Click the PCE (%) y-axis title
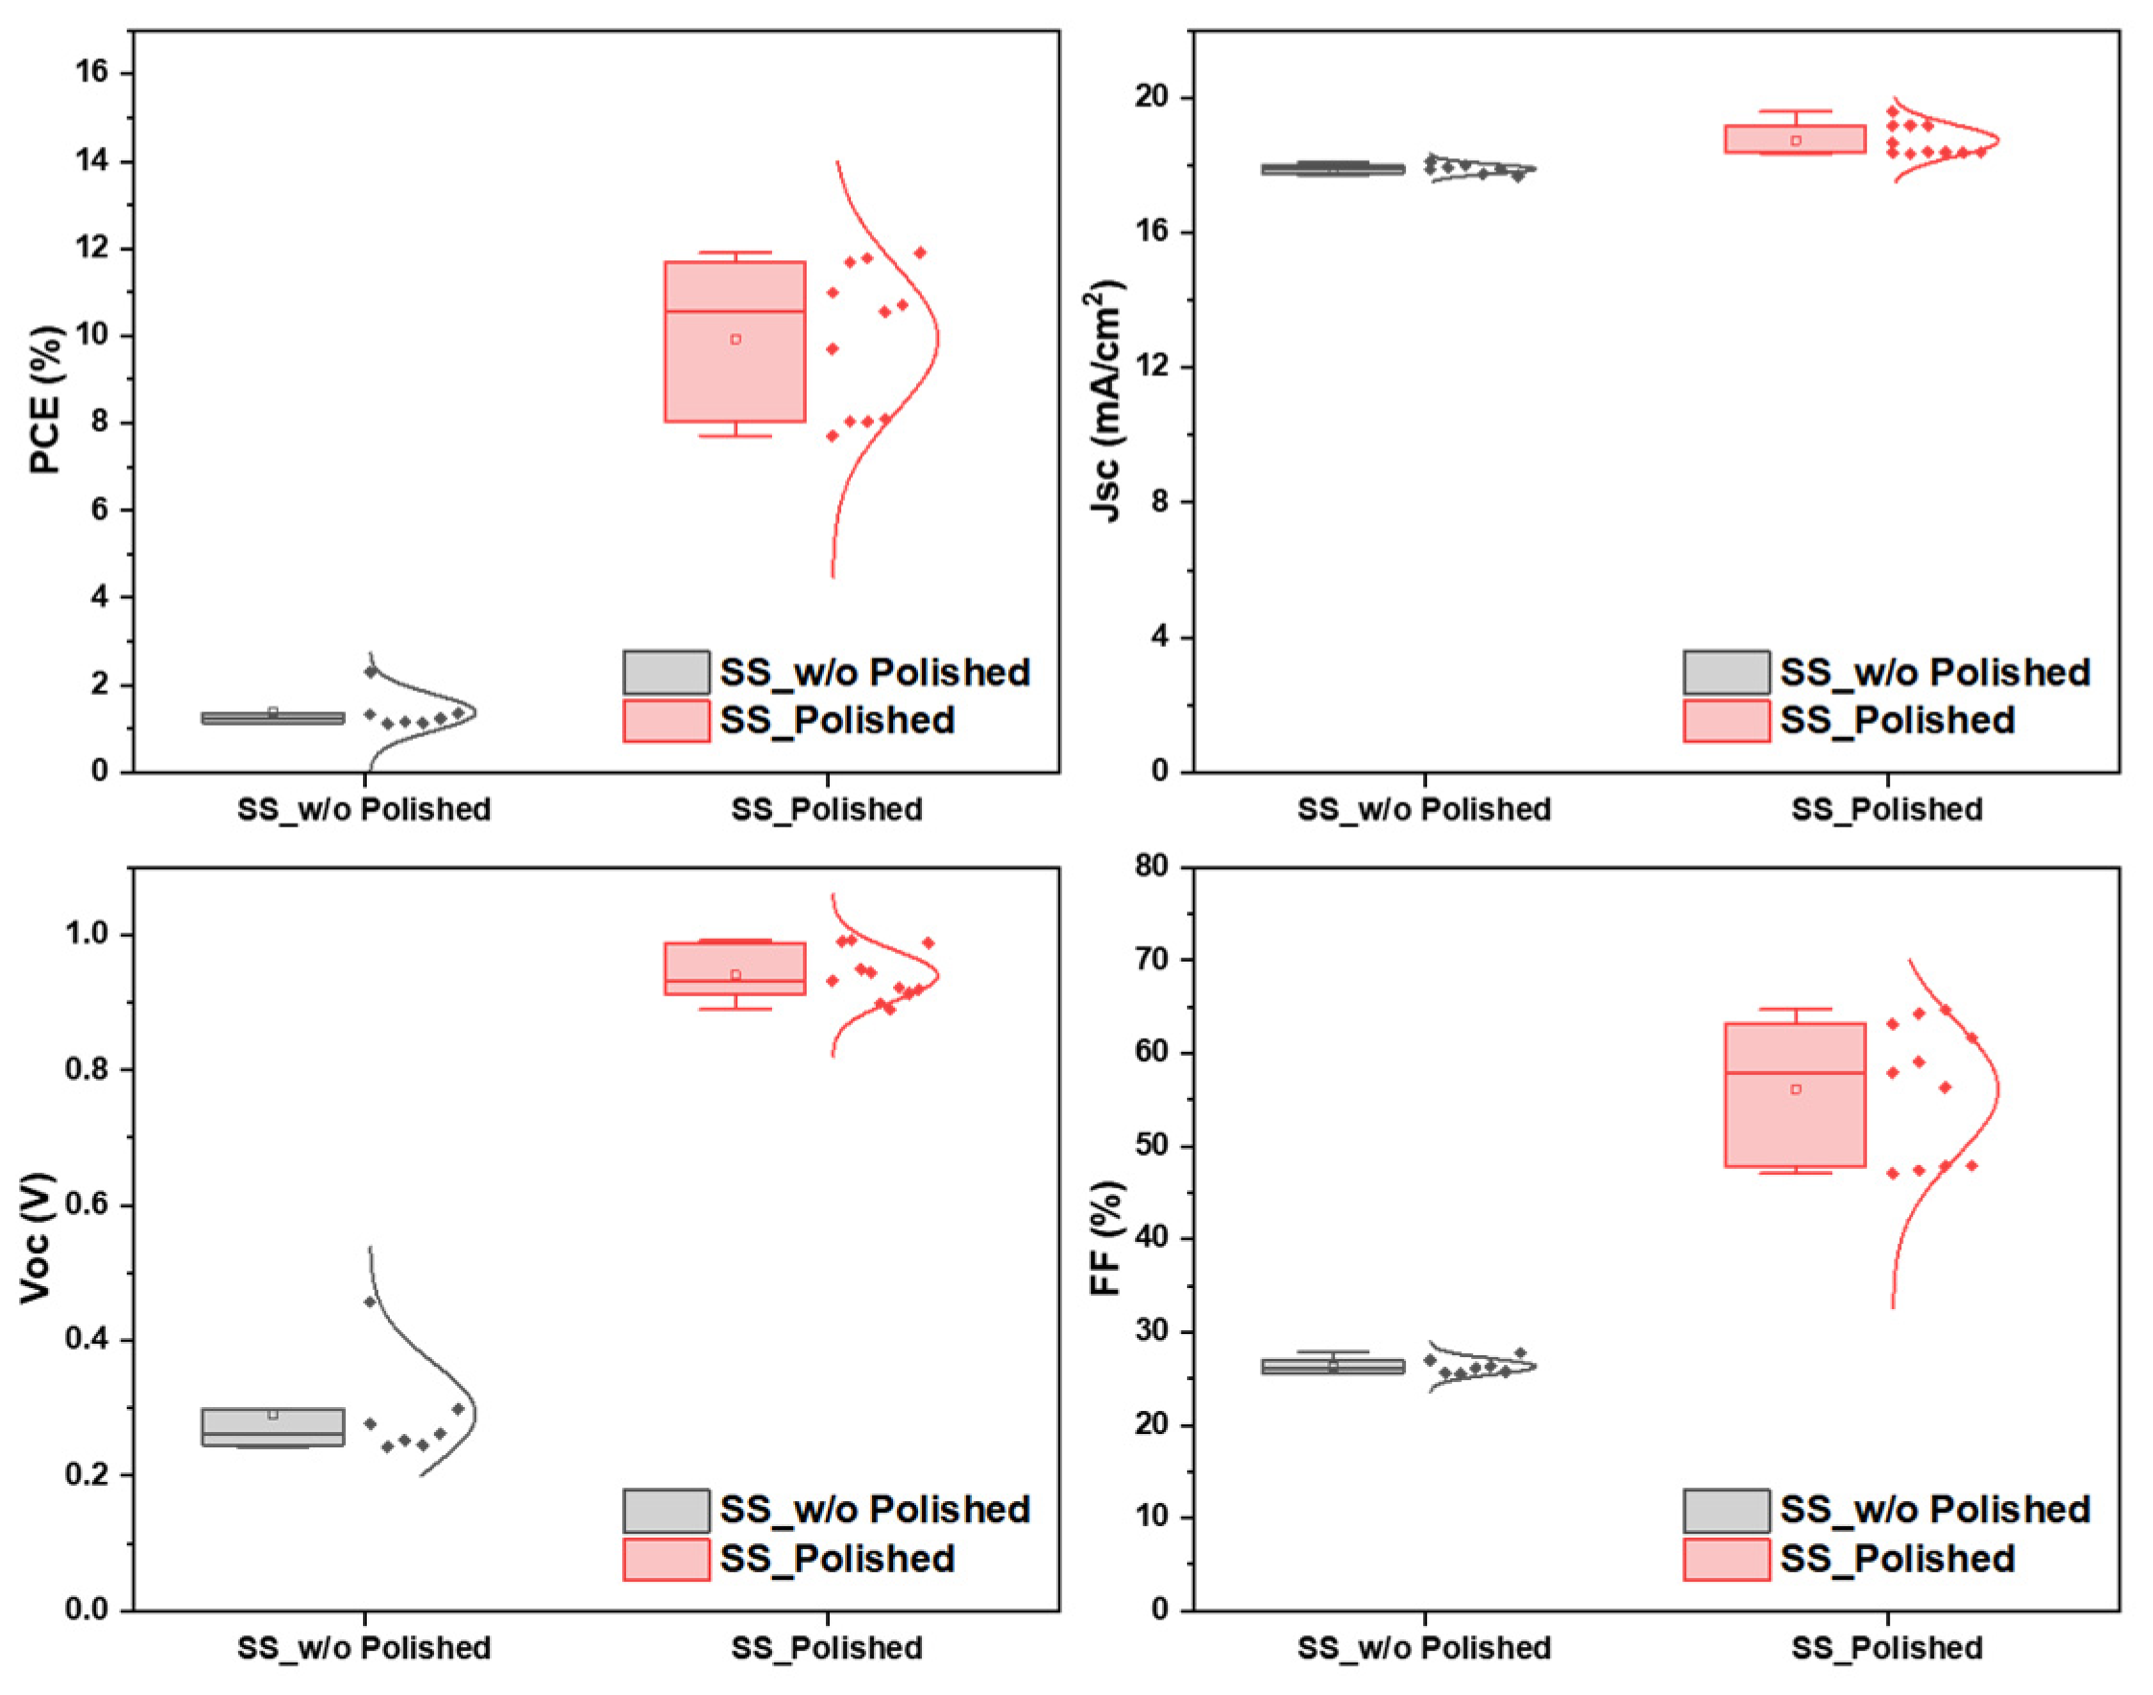point(46,400)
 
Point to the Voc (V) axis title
point(36,1237)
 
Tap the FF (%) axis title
point(1104,1237)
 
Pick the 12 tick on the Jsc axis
point(1153,368)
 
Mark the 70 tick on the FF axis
point(1153,960)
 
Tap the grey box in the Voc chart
point(273,1427)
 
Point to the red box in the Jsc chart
point(1795,138)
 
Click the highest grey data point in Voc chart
point(371,1301)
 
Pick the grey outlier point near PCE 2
point(371,672)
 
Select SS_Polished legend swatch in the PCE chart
point(666,721)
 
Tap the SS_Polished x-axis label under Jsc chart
point(1886,810)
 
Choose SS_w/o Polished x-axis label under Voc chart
point(363,1648)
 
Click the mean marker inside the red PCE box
point(736,340)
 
